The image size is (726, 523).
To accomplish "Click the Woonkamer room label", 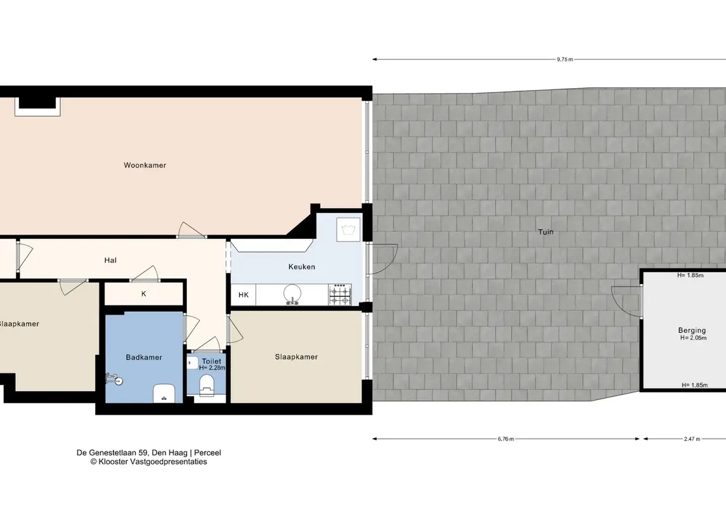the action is pos(145,165).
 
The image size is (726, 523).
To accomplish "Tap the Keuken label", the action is pos(301,267).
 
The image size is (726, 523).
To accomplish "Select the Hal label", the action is pos(110,260).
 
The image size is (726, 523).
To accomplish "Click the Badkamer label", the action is pos(144,358).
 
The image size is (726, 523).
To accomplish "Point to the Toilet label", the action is pos(212,361).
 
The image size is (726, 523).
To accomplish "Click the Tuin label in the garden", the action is pos(545,232).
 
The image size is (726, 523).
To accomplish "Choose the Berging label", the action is pos(692,330).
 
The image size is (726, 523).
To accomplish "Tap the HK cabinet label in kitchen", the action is pos(243,295).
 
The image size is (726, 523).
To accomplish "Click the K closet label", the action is pos(143,294).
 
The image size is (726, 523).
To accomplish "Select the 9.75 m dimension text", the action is pos(565,59).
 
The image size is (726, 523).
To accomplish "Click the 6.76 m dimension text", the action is pos(505,439).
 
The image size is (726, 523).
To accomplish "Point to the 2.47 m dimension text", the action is pos(692,439).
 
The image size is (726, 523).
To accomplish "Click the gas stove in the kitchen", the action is pos(340,295).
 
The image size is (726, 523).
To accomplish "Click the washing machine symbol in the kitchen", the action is pos(349,229).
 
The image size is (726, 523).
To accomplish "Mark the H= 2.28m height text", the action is pos(212,368).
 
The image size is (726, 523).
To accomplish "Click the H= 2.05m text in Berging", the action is pos(693,338).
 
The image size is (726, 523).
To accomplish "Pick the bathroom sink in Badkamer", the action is pos(164,393).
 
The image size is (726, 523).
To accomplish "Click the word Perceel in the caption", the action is pos(207,453).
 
